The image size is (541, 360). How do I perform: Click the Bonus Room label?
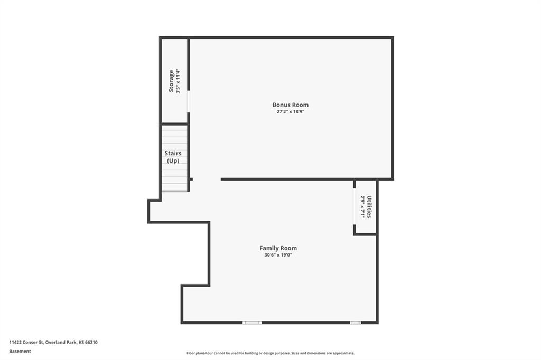pyautogui.click(x=291, y=105)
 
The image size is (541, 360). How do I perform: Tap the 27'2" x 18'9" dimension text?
pyautogui.click(x=291, y=112)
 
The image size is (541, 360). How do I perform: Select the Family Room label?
pyautogui.click(x=278, y=248)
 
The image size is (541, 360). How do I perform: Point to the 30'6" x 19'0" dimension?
pyautogui.click(x=278, y=255)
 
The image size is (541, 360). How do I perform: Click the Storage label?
pyautogui.click(x=171, y=81)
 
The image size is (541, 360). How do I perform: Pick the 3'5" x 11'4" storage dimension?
pyautogui.click(x=178, y=81)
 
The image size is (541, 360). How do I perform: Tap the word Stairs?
pyautogui.click(x=173, y=153)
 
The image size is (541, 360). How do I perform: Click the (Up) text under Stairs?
pyautogui.click(x=173, y=160)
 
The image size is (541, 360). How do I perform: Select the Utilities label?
pyautogui.click(x=369, y=207)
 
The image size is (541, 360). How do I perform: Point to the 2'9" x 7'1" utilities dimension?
pyautogui.click(x=362, y=207)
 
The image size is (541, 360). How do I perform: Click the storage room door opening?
pyautogui.click(x=189, y=101)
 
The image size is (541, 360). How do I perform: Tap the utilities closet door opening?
pyautogui.click(x=355, y=206)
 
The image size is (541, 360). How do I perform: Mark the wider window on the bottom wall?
pyautogui.click(x=252, y=323)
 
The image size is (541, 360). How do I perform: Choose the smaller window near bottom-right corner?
pyautogui.click(x=356, y=323)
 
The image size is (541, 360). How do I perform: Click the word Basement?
pyautogui.click(x=20, y=352)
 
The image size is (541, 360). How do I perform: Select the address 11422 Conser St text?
pyautogui.click(x=26, y=343)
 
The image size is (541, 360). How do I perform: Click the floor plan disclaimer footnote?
pyautogui.click(x=270, y=353)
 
